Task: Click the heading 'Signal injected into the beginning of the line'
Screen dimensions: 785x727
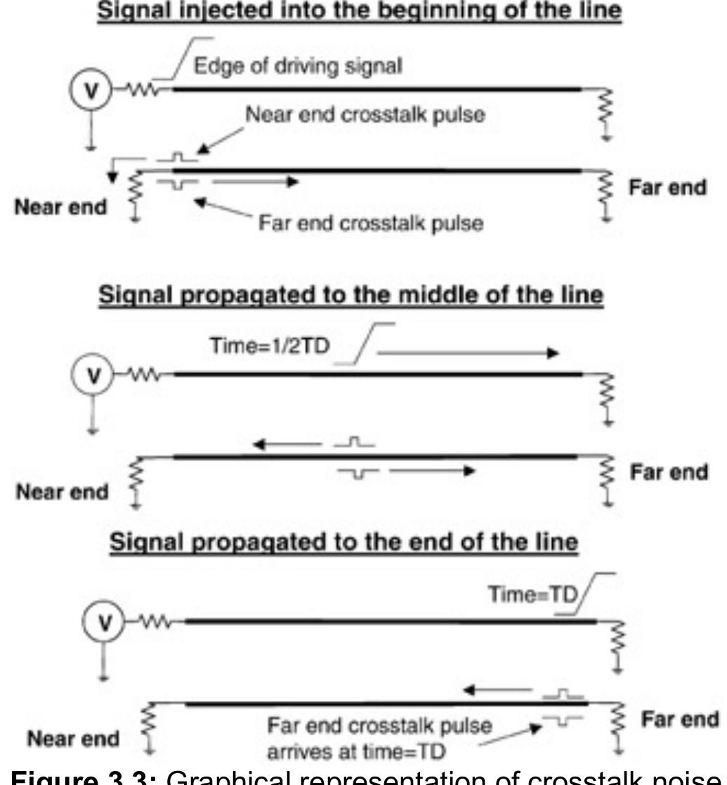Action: coord(363,12)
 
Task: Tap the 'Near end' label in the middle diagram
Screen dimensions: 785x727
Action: coord(59,492)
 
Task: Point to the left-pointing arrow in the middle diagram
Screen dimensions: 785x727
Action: coord(284,443)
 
